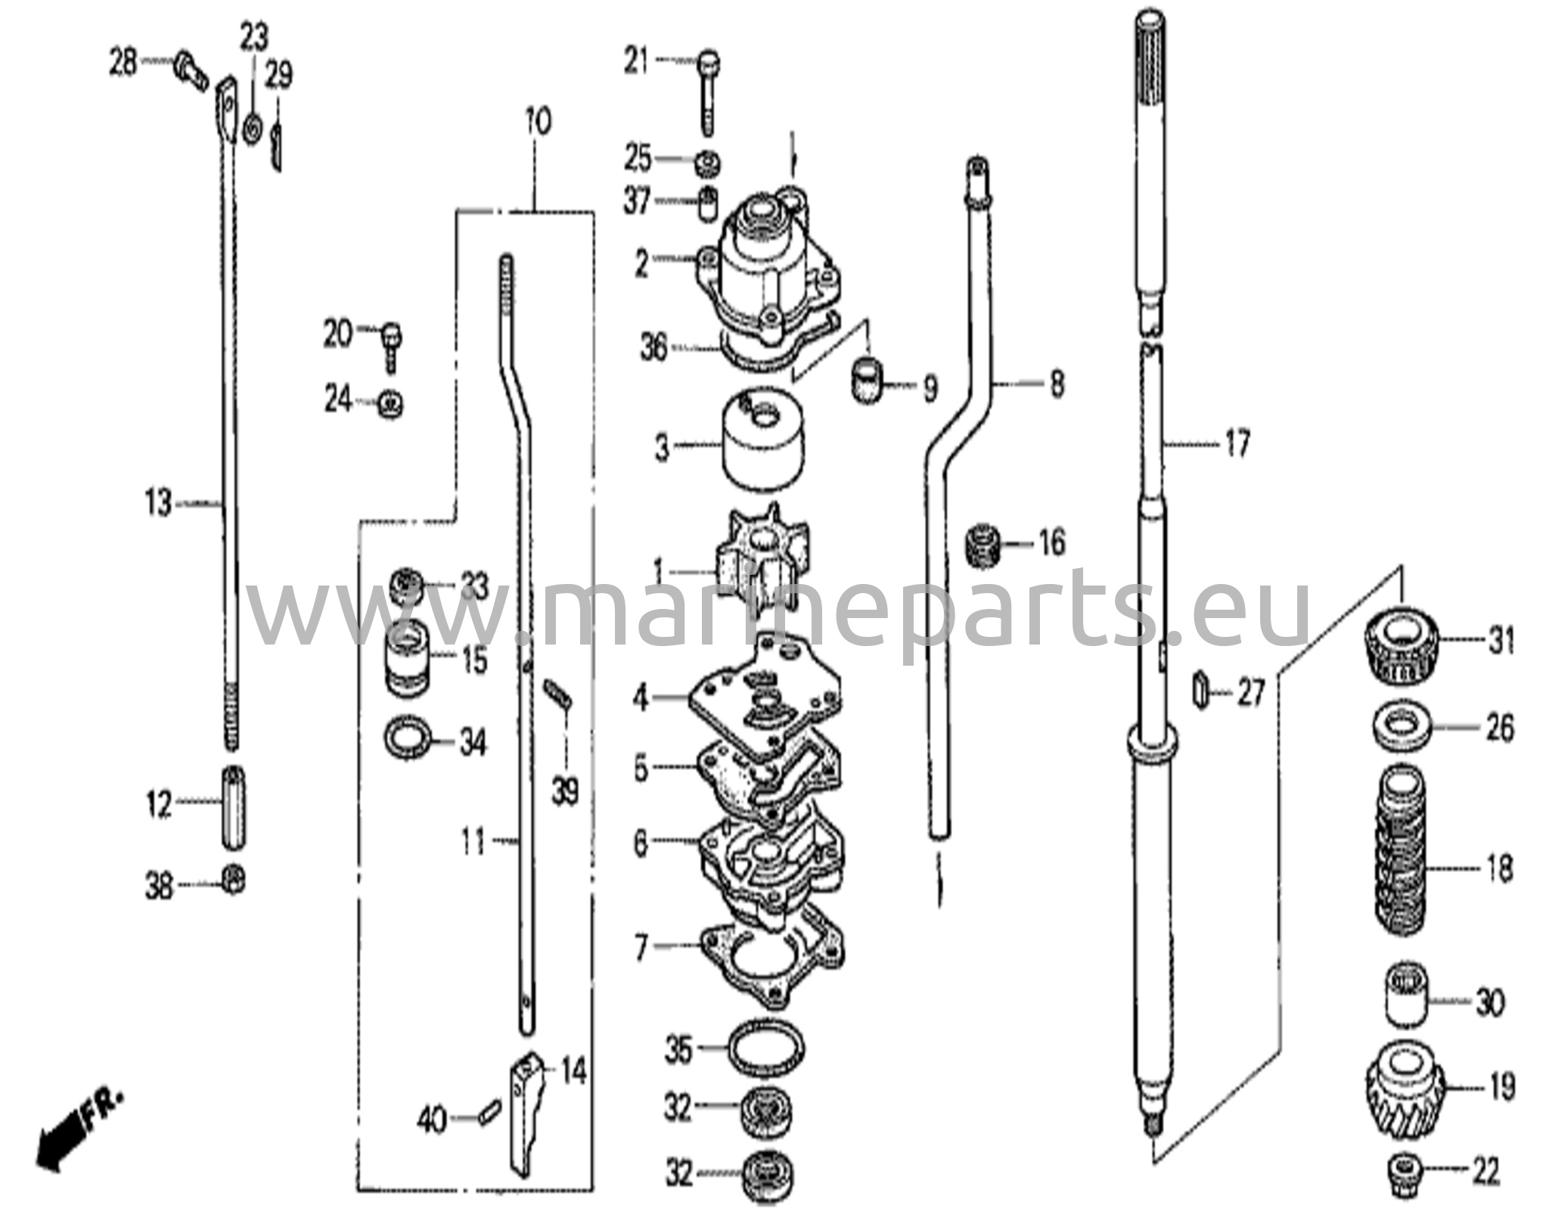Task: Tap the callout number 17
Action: click(1238, 444)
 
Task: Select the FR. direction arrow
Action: click(72, 1132)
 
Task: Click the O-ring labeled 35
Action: click(765, 1048)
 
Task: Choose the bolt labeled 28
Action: click(191, 72)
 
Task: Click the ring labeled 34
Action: click(408, 739)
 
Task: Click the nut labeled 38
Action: click(234, 879)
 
